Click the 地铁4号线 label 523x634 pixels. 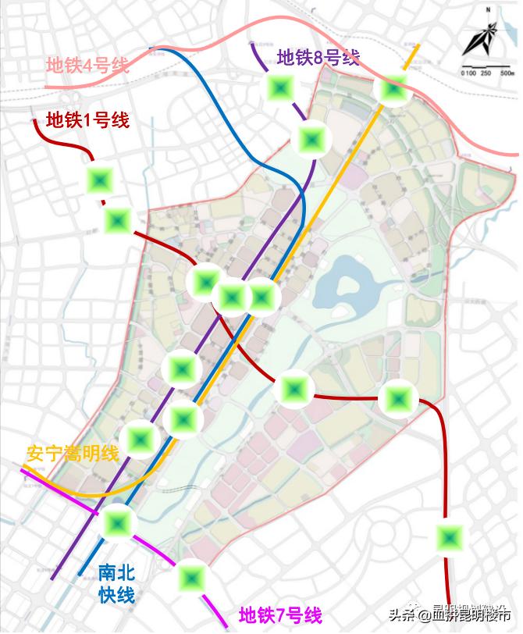tap(87, 66)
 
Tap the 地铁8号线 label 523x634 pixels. tap(318, 57)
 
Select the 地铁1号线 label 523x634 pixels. tap(87, 120)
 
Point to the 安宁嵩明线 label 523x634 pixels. tap(72, 454)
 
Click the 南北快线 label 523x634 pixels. tap(116, 584)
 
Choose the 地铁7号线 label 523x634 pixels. tap(280, 615)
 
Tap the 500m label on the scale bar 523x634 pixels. tap(507, 73)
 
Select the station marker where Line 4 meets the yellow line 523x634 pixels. tap(392, 89)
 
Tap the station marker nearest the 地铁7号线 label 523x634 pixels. tap(191, 579)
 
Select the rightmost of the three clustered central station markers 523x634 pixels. tap(261, 297)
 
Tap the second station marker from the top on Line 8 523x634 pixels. tap(312, 140)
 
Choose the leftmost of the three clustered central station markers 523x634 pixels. tap(207, 280)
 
